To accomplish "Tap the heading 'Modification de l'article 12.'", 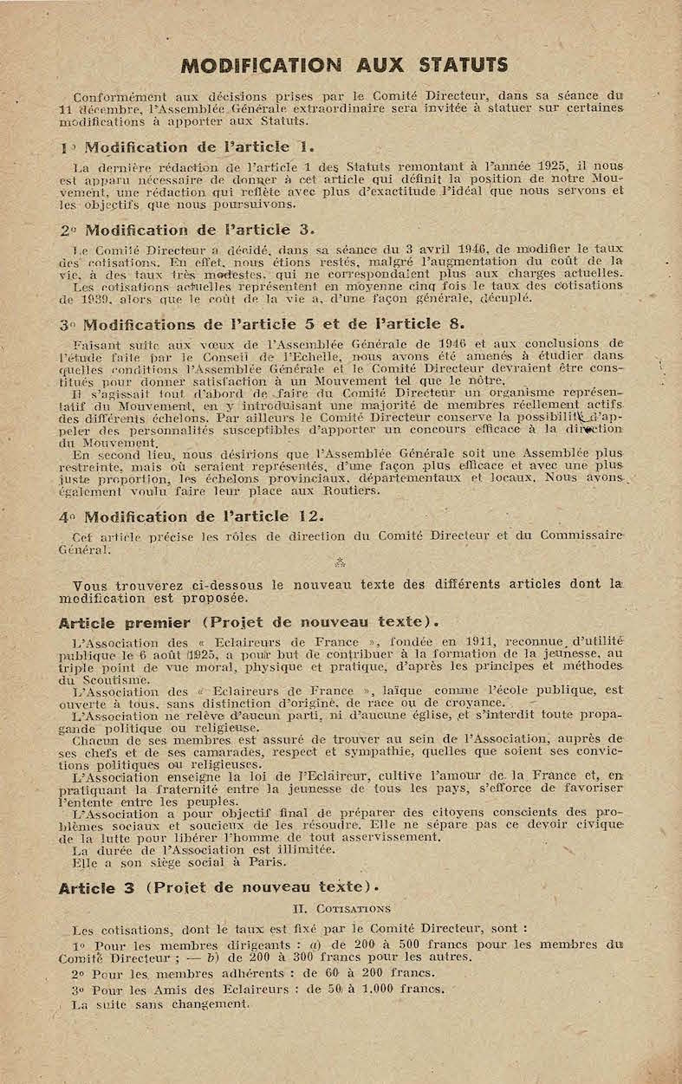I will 192,516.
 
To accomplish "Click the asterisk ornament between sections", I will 340,561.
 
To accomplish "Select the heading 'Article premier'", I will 124,623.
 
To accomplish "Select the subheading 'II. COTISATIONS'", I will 341,909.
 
